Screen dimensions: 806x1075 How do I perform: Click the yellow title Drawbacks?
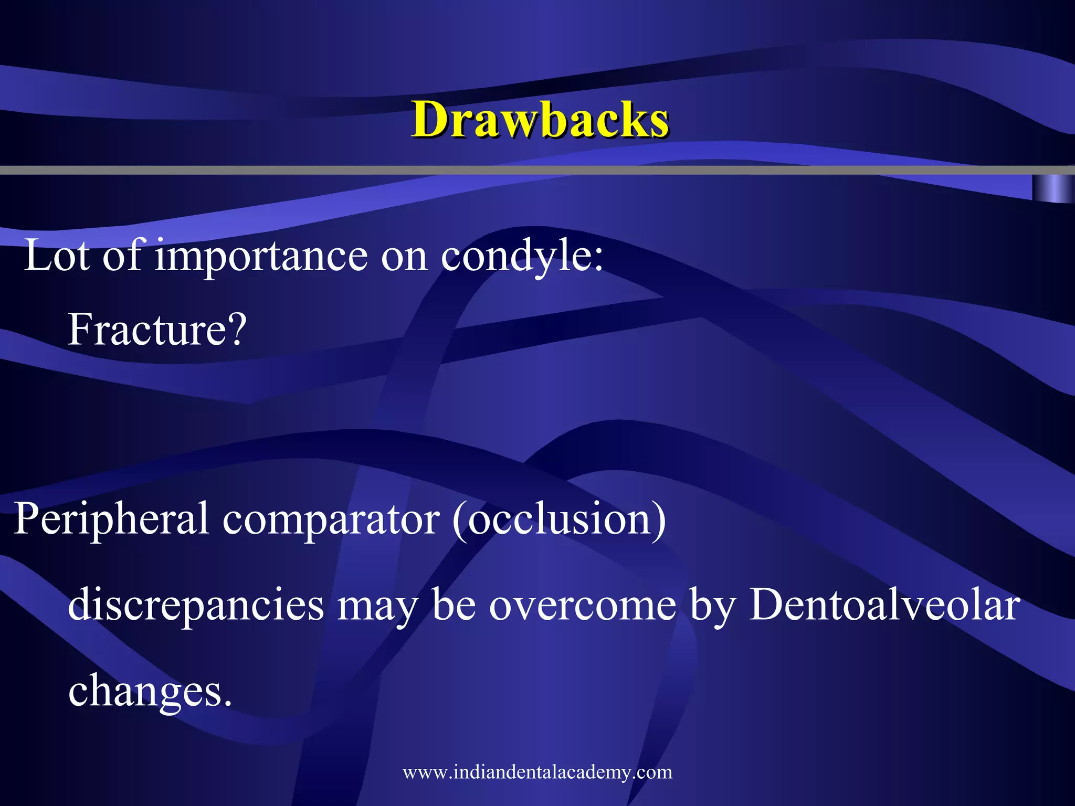click(540, 120)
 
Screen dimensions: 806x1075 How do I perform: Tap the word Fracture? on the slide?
click(157, 330)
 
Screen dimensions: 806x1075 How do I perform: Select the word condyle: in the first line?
click(522, 256)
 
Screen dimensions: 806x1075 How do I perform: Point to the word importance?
click(261, 256)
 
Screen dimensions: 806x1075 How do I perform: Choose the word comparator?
click(331, 518)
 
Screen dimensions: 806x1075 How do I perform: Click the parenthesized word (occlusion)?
click(559, 518)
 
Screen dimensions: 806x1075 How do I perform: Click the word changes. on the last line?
click(150, 691)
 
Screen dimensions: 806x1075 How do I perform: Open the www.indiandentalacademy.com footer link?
click(537, 772)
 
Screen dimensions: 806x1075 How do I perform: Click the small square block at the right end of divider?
click(1052, 188)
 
